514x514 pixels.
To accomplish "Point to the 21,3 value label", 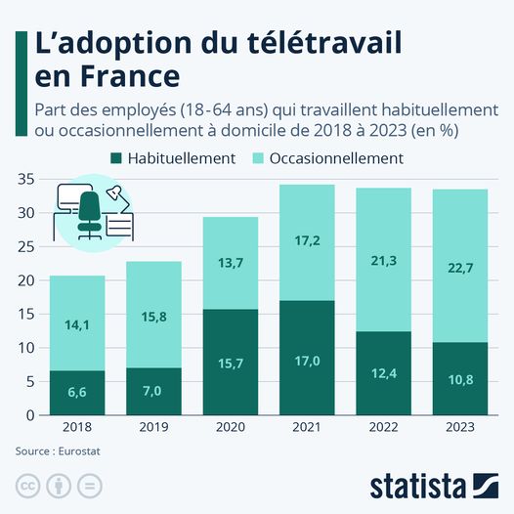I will (x=383, y=259).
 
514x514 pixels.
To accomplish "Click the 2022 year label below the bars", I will (x=383, y=428).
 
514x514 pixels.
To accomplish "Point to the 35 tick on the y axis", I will (x=25, y=179).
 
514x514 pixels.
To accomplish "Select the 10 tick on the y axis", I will (x=25, y=348).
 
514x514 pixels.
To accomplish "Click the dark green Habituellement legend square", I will (x=118, y=157).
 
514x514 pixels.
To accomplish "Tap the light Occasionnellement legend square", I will (x=257, y=157).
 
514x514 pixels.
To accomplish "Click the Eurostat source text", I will (x=62, y=451).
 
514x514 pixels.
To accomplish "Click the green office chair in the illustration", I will (x=89, y=213).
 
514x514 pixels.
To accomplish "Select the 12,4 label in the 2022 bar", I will (x=383, y=373).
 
